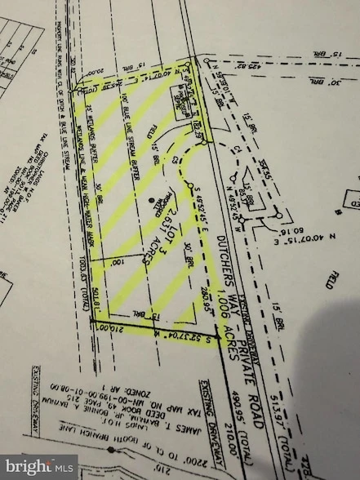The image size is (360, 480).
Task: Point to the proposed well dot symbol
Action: click(149, 199)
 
